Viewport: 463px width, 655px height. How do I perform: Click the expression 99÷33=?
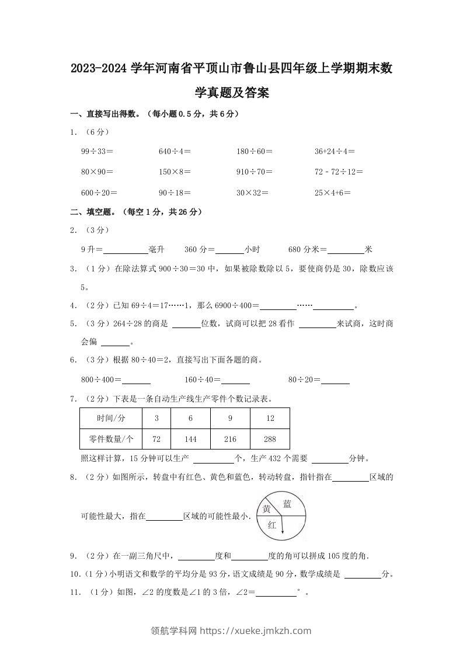coord(97,151)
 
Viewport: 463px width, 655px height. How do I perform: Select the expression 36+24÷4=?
coord(335,151)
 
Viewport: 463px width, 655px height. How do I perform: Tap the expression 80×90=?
coord(97,172)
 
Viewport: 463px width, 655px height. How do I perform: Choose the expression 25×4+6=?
coord(332,192)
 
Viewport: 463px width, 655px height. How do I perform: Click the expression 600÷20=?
coord(99,192)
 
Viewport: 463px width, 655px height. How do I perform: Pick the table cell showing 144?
coord(190,439)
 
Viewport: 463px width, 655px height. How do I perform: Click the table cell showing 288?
coord(270,439)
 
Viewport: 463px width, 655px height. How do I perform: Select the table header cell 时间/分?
coord(111,419)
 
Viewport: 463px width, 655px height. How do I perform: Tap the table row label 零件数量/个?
coord(111,439)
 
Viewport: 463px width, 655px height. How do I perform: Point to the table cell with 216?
coord(230,439)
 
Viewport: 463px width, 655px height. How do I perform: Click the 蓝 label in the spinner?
coord(287,504)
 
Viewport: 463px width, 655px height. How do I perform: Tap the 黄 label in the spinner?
coord(266,509)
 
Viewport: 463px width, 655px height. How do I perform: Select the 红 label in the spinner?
coord(271,525)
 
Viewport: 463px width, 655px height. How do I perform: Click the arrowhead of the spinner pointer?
coord(282,532)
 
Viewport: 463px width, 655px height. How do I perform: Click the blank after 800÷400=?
coord(137,380)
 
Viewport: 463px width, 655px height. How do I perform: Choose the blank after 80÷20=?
coord(336,380)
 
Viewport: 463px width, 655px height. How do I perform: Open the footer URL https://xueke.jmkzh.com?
coord(256,630)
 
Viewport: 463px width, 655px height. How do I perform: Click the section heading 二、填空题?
coord(91,212)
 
